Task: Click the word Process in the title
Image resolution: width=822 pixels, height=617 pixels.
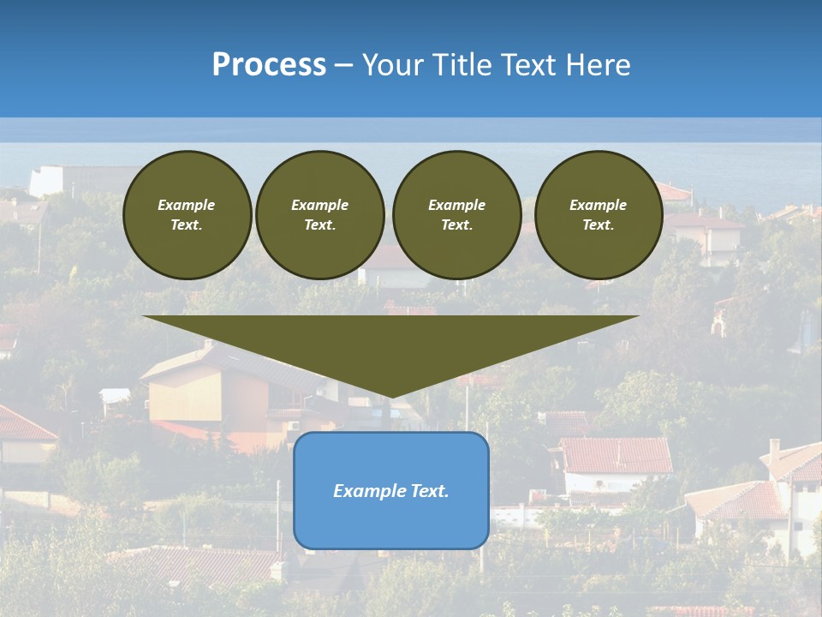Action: [269, 65]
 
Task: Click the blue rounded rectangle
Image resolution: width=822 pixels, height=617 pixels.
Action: [390, 523]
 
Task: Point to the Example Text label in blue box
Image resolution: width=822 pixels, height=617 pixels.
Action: [390, 491]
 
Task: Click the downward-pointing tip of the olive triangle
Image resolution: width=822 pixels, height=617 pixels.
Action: [391, 395]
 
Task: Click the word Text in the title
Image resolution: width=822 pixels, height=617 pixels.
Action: [527, 65]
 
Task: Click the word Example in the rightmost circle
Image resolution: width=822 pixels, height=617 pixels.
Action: [598, 205]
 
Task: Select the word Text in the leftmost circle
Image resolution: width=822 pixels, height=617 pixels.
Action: [186, 225]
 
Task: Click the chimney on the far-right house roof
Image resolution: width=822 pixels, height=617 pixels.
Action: [774, 449]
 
